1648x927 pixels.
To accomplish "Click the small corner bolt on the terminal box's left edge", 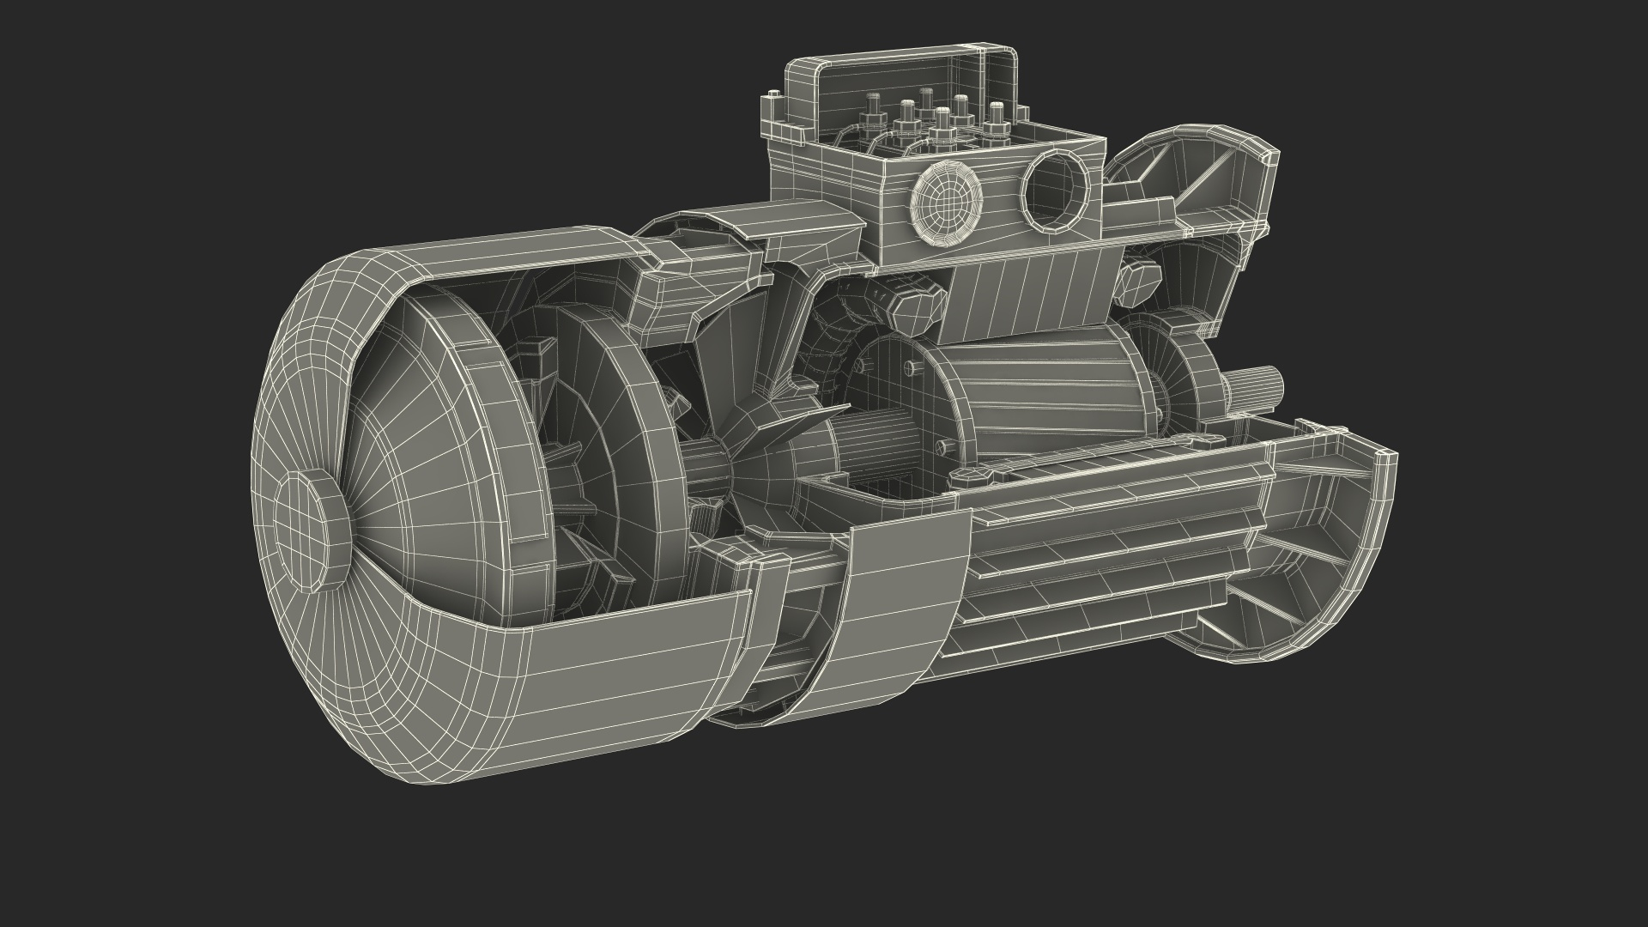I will pos(775,96).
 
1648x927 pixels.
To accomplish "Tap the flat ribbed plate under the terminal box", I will pos(1030,292).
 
